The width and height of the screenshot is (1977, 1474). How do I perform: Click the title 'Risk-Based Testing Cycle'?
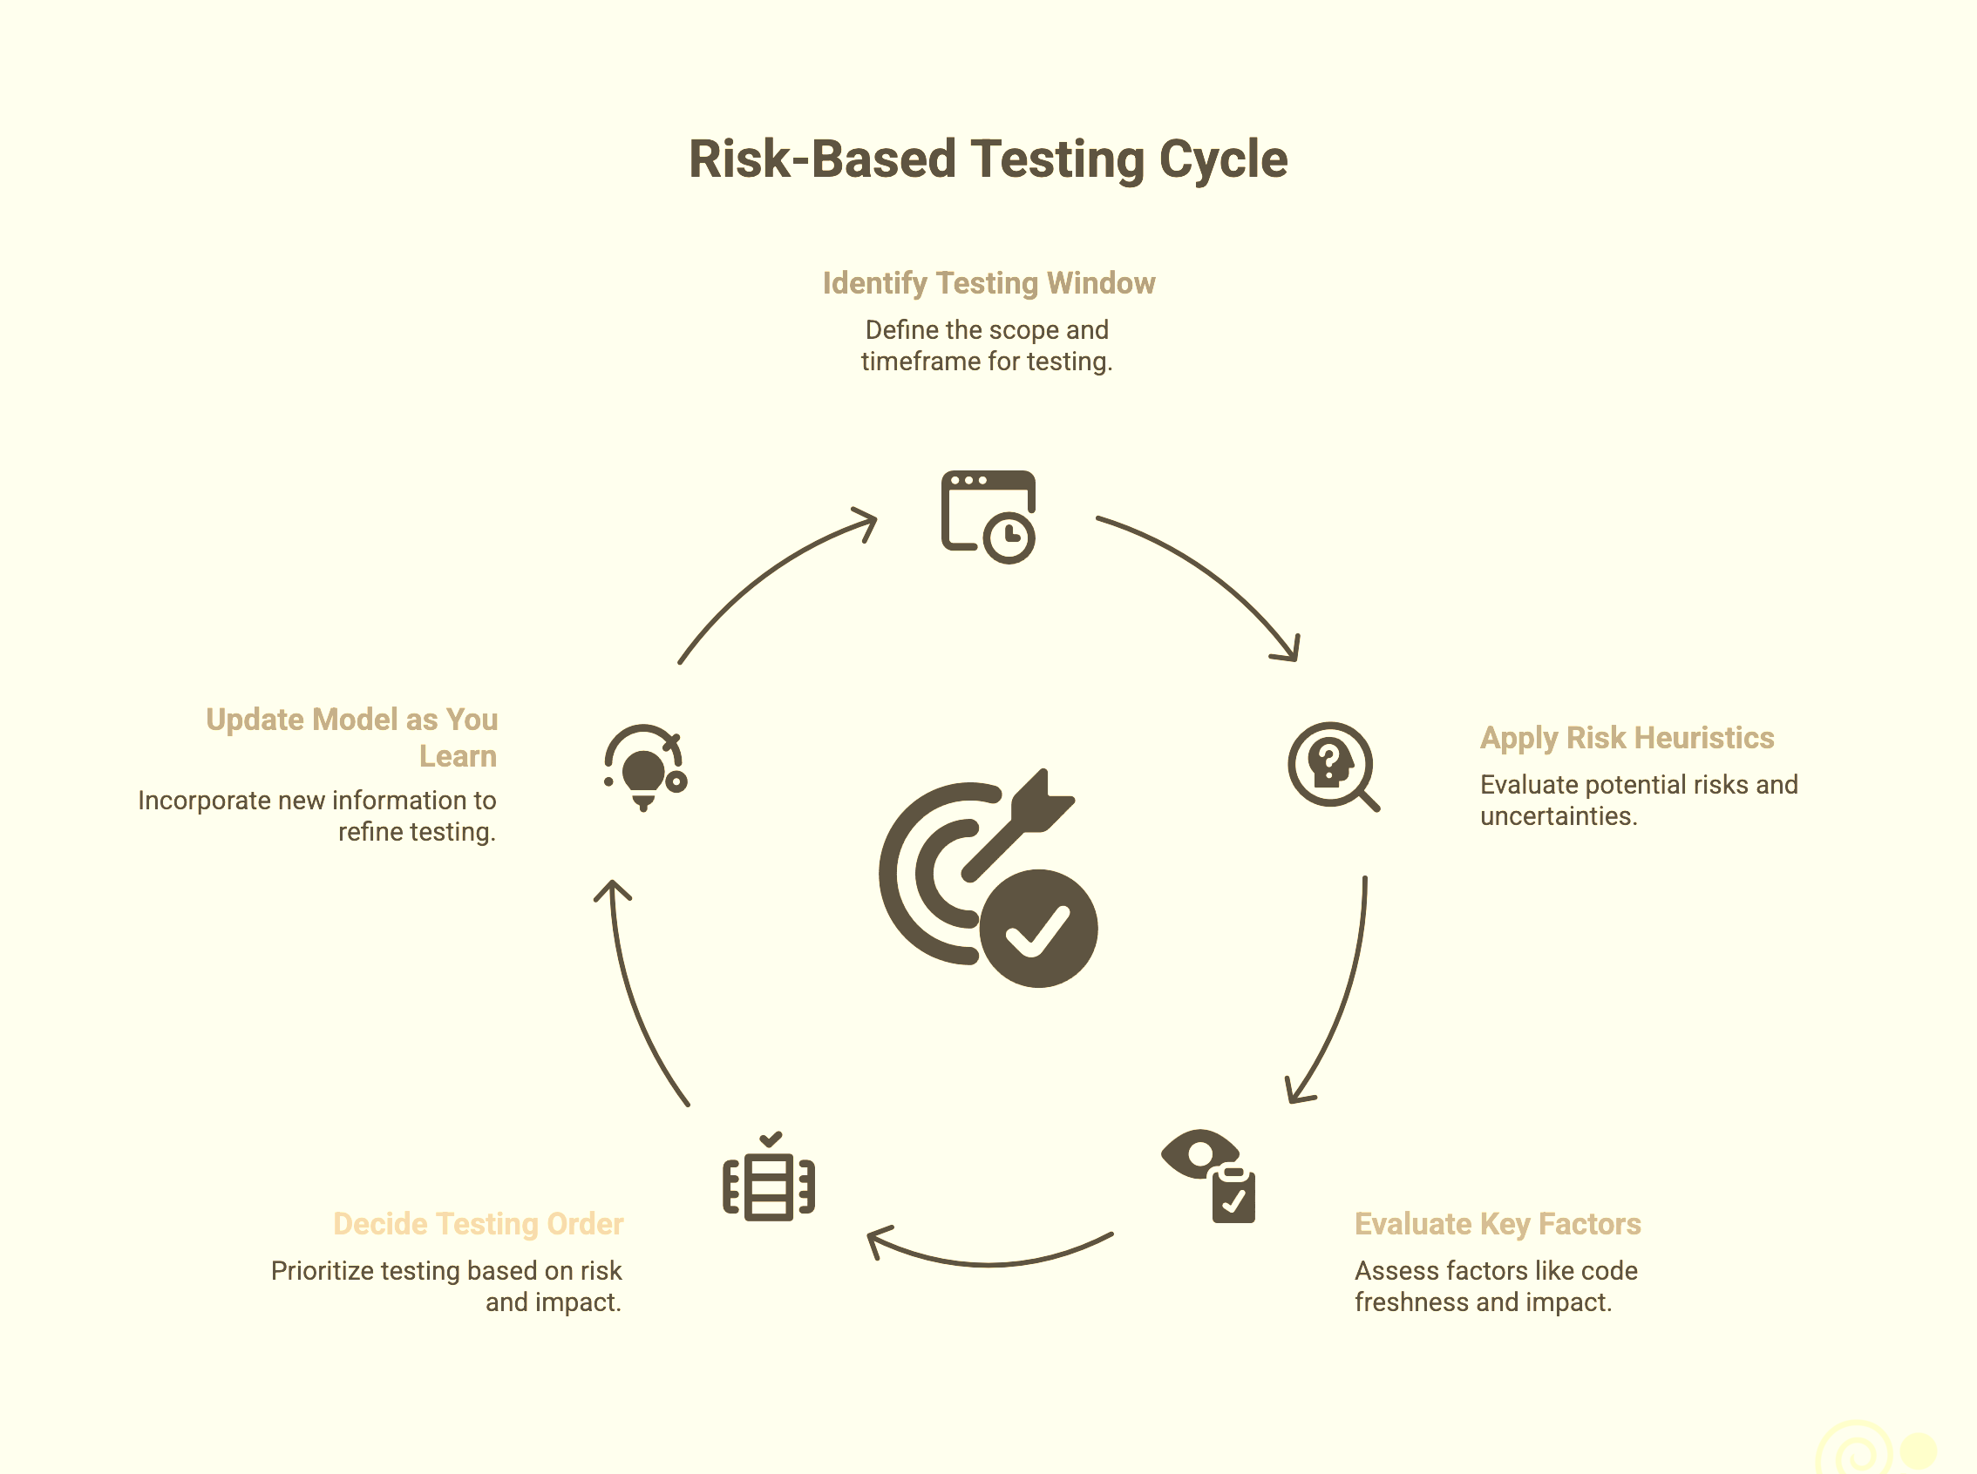[988, 159]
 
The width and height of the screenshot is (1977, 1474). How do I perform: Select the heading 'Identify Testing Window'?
[988, 283]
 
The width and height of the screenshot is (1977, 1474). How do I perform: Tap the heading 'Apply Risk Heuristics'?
[1627, 738]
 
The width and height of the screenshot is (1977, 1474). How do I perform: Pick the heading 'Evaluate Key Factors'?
[1497, 1223]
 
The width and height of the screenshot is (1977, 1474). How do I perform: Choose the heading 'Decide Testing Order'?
[479, 1223]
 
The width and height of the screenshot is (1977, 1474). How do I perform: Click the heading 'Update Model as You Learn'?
[351, 737]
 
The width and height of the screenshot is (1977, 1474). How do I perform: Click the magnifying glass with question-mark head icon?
[1333, 766]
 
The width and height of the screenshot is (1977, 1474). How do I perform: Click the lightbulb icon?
[644, 767]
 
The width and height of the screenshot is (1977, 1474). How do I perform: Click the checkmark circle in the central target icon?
[1038, 928]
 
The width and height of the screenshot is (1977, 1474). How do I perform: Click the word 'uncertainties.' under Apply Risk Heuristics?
[1559, 816]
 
